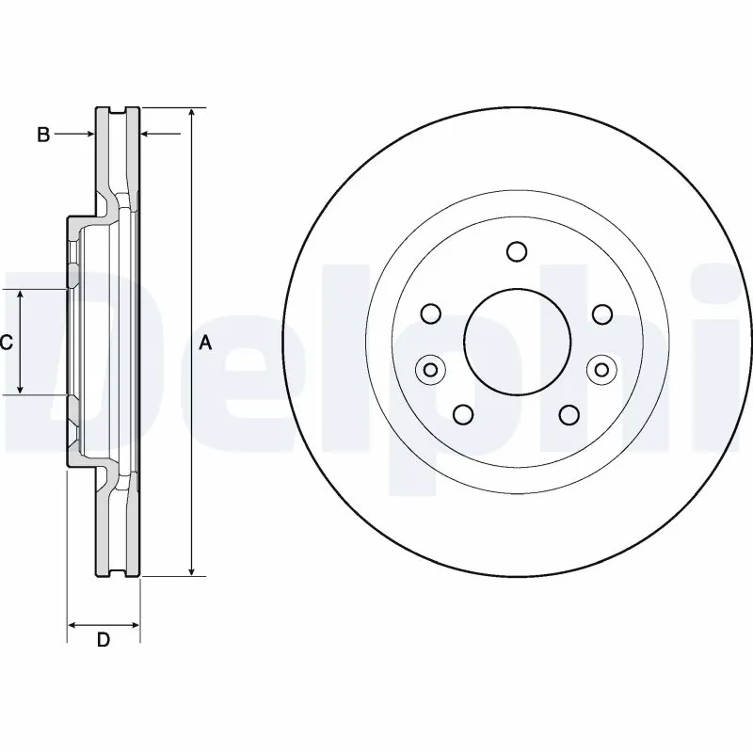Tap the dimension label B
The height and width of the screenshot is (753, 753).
[42, 136]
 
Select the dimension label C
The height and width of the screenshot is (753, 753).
[7, 344]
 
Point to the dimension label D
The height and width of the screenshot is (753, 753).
[104, 641]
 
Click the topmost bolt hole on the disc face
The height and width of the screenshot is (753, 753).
[516, 251]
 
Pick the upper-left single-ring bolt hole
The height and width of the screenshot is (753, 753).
[431, 313]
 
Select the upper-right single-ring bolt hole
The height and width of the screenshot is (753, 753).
[601, 313]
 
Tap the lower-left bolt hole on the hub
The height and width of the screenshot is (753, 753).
[463, 414]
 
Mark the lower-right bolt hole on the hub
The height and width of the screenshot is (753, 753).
[568, 414]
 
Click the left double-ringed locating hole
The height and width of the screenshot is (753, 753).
[429, 369]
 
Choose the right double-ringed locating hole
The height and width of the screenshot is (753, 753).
[601, 369]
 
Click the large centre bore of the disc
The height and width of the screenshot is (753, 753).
[516, 340]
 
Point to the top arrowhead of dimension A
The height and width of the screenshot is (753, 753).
[191, 114]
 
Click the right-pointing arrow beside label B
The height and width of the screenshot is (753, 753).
[88, 136]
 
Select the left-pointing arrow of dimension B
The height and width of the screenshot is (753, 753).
[147, 136]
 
